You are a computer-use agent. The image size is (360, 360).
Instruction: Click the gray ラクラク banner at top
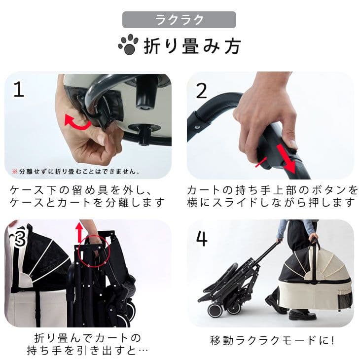[x=179, y=20]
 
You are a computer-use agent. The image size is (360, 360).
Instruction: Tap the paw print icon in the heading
[x=128, y=45]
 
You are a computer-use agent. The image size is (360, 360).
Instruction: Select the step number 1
[x=19, y=90]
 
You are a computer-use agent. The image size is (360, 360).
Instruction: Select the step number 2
[x=201, y=90]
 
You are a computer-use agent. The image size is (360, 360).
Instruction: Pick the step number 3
[x=19, y=238]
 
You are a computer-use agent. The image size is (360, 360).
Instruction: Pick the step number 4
[x=201, y=238]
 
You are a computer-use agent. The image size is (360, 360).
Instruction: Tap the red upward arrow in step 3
[x=77, y=232]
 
